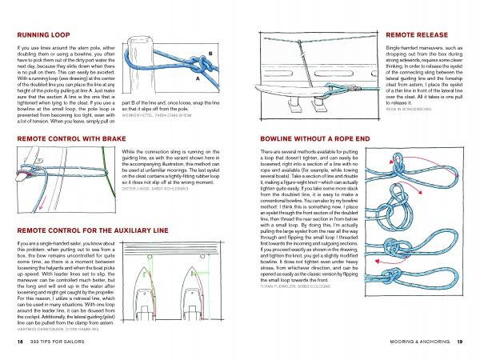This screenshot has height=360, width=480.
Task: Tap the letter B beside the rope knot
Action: pos(210,54)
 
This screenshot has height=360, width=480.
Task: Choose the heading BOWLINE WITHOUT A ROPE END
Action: pos(306,138)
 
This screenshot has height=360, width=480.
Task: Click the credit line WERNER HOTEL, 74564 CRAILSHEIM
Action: pos(161,116)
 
